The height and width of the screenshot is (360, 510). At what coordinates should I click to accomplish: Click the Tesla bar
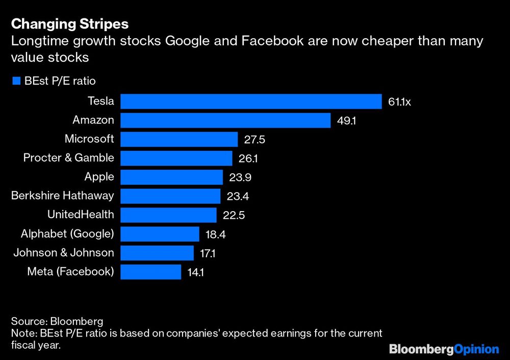pos(251,101)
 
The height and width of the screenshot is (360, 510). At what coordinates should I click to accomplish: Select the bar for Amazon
pos(225,120)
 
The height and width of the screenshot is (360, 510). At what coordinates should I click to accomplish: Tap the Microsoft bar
pos(179,139)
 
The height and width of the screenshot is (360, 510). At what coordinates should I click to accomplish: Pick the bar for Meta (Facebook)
pos(150,271)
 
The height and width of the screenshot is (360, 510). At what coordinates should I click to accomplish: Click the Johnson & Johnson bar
pos(157,253)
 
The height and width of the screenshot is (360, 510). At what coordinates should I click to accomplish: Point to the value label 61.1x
pos(399,102)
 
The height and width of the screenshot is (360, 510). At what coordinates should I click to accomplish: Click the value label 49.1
pos(347,121)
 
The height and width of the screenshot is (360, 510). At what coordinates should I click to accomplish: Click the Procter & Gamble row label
pos(68,158)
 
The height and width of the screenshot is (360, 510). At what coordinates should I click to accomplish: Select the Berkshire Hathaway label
pos(62,195)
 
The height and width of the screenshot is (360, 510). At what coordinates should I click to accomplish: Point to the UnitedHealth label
pos(81,215)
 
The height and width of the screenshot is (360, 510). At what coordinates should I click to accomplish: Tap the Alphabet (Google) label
pos(67,234)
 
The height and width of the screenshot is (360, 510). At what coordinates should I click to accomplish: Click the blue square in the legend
pos(15,81)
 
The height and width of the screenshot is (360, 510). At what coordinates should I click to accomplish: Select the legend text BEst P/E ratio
pos(60,81)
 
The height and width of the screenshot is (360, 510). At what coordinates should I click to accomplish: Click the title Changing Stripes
pos(69,24)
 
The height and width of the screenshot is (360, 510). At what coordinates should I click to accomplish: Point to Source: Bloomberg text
pos(57,322)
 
